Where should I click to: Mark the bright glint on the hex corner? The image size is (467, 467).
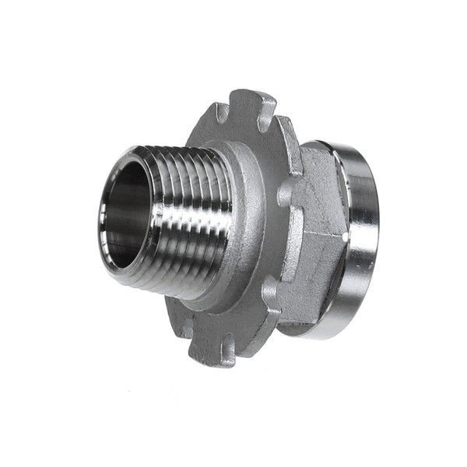coord(342,232)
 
